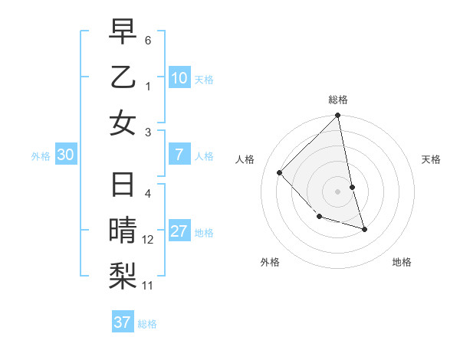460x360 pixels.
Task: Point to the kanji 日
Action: (123, 185)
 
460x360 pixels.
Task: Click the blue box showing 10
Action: (179, 78)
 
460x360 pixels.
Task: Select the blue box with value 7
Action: (179, 155)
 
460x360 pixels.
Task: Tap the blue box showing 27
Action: (179, 232)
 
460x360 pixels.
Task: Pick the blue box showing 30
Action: (65, 155)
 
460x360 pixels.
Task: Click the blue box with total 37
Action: (123, 322)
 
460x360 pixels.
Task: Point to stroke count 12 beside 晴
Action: (148, 240)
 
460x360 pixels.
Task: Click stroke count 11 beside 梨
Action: (148, 286)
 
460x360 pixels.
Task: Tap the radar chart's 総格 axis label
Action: (337, 100)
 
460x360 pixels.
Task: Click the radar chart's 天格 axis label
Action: (432, 159)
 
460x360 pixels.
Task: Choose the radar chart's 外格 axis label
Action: (270, 262)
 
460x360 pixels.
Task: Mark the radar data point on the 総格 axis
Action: (337, 116)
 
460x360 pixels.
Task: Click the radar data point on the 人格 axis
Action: (280, 172)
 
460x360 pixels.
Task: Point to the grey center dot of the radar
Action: (337, 191)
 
